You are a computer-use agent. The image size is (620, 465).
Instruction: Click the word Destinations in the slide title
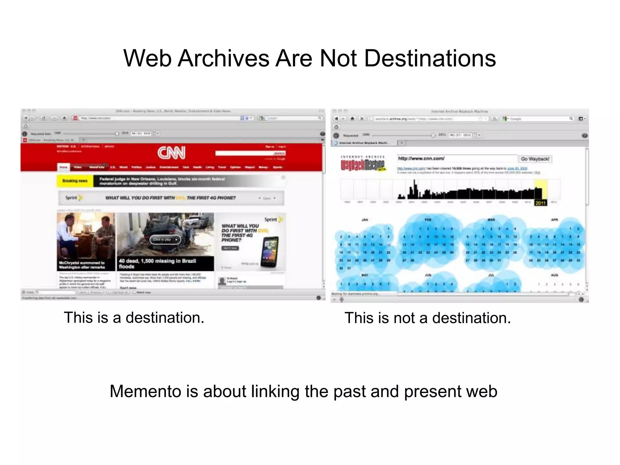pyautogui.click(x=430, y=58)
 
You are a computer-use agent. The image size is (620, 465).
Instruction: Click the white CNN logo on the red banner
pyautogui.click(x=171, y=153)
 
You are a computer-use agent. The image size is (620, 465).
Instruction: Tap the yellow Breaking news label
pyautogui.click(x=75, y=181)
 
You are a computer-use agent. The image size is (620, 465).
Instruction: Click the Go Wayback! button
pyautogui.click(x=535, y=159)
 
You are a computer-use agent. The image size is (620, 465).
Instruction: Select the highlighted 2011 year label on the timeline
pyautogui.click(x=540, y=203)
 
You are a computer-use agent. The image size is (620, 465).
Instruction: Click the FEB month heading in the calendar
pyautogui.click(x=428, y=220)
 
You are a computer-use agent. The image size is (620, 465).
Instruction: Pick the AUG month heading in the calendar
pyautogui.click(x=554, y=275)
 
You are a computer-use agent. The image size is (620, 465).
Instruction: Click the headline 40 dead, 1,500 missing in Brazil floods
pyautogui.click(x=157, y=264)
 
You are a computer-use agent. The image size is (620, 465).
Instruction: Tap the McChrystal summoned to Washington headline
pyautogui.click(x=82, y=265)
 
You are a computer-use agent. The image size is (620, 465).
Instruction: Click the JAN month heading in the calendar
pyautogui.click(x=365, y=220)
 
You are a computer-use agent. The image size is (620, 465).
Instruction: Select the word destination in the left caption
pyautogui.click(x=165, y=318)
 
